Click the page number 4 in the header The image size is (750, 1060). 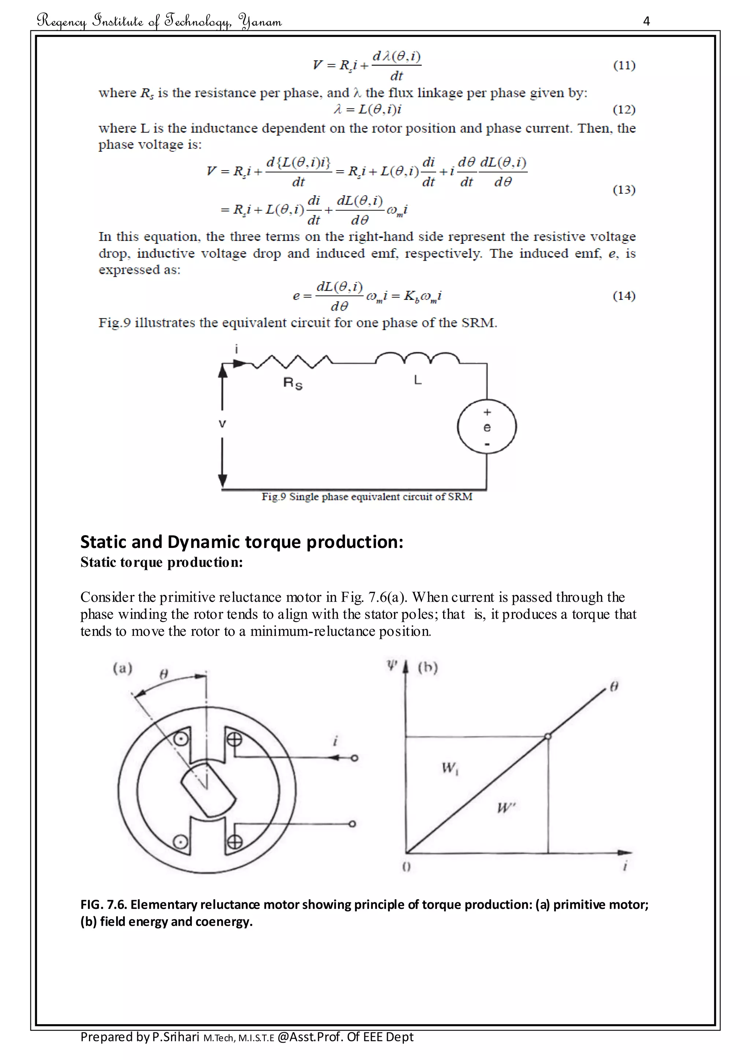click(x=646, y=21)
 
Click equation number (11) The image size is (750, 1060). click(x=624, y=65)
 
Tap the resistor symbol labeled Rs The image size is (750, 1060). click(x=292, y=362)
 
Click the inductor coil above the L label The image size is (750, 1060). click(x=417, y=359)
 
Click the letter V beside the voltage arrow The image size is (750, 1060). click(x=222, y=424)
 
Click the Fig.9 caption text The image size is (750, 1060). click(x=367, y=497)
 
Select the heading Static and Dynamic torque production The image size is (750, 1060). click(x=242, y=542)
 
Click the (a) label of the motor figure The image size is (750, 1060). click(x=122, y=668)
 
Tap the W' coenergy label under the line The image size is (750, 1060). click(x=506, y=808)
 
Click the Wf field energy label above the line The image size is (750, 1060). click(x=449, y=768)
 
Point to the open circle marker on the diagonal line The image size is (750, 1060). click(x=548, y=736)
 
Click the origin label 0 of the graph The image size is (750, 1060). click(x=406, y=867)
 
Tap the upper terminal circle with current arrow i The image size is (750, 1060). click(x=354, y=758)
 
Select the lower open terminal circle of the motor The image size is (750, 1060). click(x=352, y=824)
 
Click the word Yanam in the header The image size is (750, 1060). click(x=260, y=21)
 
